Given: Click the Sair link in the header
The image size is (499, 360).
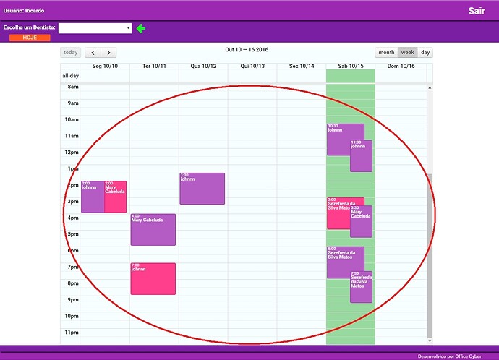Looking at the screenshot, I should tap(476, 11).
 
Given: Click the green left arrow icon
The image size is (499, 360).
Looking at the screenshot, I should tap(141, 28).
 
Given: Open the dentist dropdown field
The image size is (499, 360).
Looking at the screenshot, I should tap(95, 28).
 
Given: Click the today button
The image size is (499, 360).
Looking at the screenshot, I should tap(70, 52).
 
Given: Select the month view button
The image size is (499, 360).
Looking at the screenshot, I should tap(386, 52).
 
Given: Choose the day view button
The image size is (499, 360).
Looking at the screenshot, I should tap(425, 52).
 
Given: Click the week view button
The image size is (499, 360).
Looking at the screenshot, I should tap(408, 52).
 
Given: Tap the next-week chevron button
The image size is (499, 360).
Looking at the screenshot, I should tap(108, 52).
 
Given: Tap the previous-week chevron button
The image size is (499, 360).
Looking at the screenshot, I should tap(93, 52).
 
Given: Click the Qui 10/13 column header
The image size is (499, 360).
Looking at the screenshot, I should tap(252, 67).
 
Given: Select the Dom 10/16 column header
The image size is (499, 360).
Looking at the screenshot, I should tap(401, 67).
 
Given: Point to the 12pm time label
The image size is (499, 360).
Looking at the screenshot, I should tap(72, 152).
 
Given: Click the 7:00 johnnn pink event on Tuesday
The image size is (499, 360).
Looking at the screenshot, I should tap(153, 279).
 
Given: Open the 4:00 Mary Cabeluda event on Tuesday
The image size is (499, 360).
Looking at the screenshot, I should tap(153, 230).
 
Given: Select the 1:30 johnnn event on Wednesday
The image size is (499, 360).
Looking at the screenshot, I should tap(202, 189).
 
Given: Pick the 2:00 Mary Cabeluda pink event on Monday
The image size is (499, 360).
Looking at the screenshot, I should tap(116, 197).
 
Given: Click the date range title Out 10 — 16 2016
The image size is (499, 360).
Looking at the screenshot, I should tap(247, 49).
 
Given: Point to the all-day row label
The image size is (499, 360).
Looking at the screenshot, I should tap(70, 75).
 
